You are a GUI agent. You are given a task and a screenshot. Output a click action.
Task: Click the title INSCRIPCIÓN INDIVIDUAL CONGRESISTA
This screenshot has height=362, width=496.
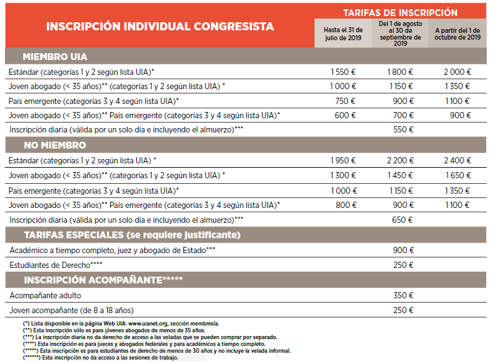point(160,27)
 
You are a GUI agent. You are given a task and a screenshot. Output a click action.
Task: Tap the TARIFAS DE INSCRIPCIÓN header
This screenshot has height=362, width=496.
point(400,12)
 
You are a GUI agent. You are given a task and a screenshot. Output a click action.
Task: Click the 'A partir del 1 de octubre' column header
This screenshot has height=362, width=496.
point(458,33)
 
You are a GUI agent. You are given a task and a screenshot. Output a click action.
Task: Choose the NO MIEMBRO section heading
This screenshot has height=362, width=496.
point(55,145)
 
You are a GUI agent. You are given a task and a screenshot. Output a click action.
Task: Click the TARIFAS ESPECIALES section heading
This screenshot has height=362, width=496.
point(132,235)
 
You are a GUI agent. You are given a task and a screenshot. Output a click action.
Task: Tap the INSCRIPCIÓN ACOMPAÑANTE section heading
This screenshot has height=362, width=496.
point(103,280)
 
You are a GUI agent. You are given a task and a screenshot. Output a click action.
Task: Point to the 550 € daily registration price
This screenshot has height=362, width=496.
point(403,130)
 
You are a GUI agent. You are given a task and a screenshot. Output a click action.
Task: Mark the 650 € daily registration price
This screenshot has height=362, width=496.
point(403,220)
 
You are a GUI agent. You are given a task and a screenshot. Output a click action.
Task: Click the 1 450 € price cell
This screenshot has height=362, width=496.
point(400,175)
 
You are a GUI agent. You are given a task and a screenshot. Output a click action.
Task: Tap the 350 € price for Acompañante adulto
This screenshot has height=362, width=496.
point(403,295)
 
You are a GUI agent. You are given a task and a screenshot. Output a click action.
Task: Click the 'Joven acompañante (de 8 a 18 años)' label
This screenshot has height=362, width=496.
point(72,310)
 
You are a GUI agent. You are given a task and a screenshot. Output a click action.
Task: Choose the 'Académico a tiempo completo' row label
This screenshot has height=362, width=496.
point(112,250)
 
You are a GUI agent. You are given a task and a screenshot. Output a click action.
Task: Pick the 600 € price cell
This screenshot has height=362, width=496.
point(345,115)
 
